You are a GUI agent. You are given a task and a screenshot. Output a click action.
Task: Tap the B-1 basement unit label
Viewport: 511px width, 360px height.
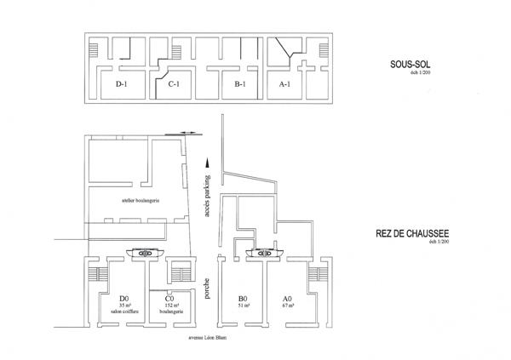click(x=239, y=84)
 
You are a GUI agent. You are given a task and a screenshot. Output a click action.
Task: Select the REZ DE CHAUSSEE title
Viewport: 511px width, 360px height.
click(x=411, y=232)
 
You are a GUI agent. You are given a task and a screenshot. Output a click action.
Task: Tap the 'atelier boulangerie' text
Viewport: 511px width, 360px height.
click(x=141, y=200)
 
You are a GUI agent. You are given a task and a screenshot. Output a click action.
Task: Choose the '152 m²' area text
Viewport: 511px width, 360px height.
click(x=169, y=305)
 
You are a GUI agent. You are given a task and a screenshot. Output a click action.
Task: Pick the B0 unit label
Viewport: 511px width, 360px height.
click(x=242, y=298)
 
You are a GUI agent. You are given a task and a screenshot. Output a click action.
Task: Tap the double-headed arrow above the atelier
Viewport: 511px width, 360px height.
click(x=192, y=133)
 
